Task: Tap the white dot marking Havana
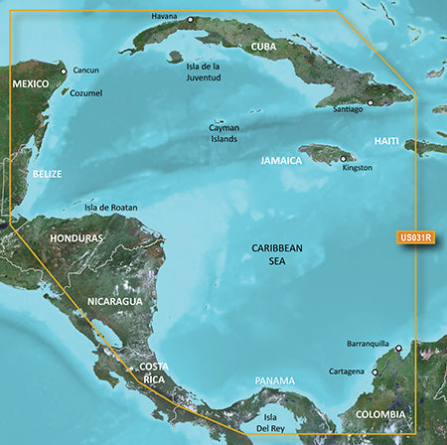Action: [x=191, y=19]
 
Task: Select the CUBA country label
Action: [x=263, y=47]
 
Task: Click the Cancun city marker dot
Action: [x=64, y=72]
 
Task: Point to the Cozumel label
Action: [x=85, y=93]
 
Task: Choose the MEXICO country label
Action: [x=30, y=84]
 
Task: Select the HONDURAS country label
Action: [x=76, y=239]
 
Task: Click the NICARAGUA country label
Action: [x=113, y=300]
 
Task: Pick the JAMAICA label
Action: [x=281, y=159]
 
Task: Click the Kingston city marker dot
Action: [x=344, y=158]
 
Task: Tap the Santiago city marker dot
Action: [x=370, y=102]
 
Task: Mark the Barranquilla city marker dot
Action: [x=398, y=349]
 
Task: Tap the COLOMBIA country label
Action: [x=382, y=413]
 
